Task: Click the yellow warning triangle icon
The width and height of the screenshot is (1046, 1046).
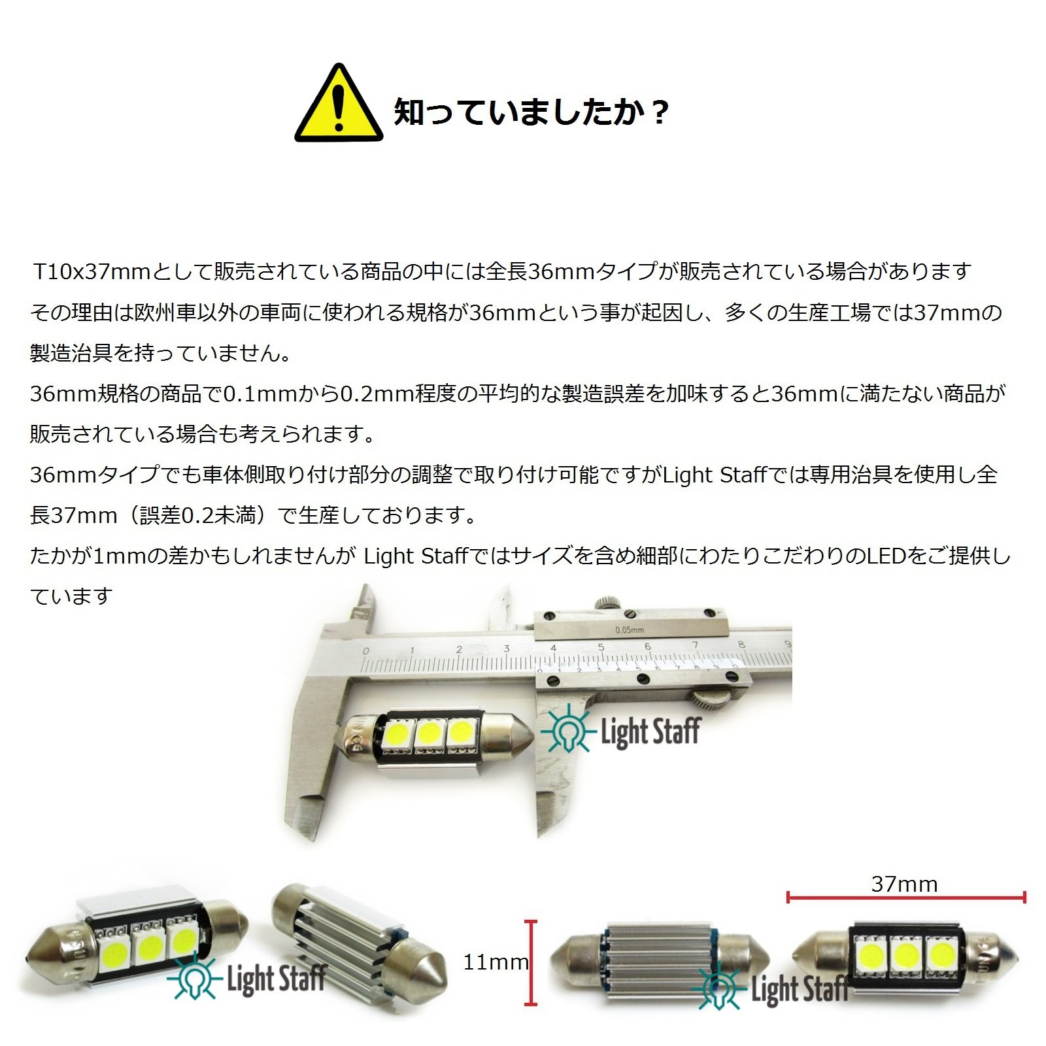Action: [338, 105]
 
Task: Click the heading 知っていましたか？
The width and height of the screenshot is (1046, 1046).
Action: [531, 112]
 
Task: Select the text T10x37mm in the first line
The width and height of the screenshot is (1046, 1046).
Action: [92, 271]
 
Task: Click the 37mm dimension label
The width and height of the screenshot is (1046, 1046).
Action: [904, 884]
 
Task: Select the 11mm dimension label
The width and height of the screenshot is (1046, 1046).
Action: [496, 962]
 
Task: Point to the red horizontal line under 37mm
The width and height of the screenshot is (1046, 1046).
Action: [906, 898]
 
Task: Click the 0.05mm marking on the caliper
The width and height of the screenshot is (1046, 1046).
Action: [630, 630]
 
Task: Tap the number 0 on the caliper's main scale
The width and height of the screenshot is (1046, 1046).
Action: [365, 650]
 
